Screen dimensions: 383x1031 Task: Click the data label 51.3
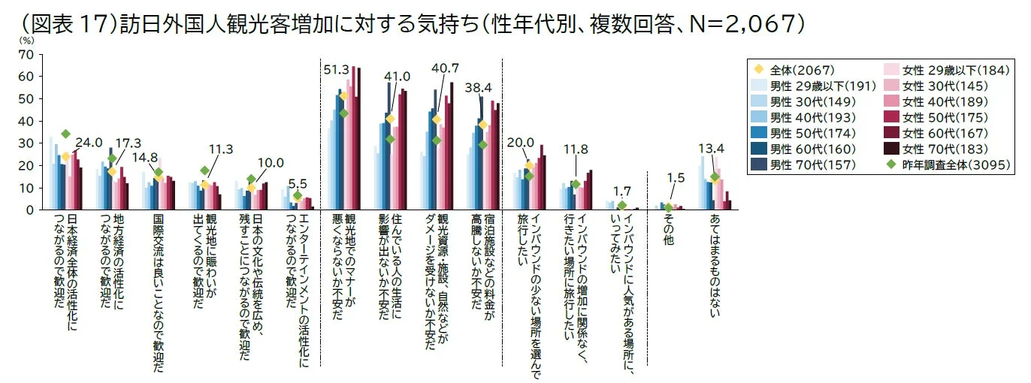337,70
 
